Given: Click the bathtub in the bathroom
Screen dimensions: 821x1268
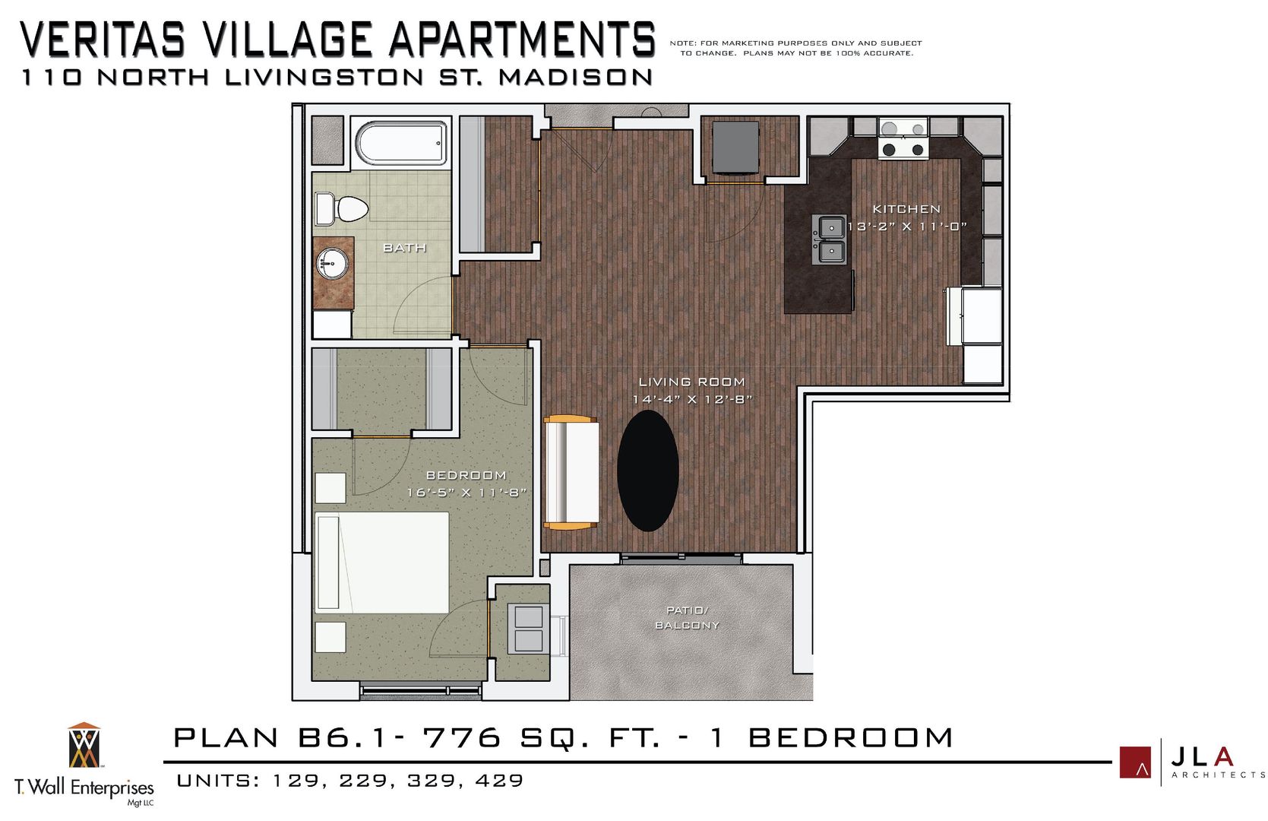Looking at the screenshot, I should [402, 143].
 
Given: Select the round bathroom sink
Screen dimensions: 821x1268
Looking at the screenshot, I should [333, 264].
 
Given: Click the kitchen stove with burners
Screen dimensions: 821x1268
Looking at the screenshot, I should [903, 140].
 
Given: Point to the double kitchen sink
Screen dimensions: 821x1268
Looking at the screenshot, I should [832, 239].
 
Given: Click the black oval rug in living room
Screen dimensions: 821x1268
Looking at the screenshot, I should [647, 471].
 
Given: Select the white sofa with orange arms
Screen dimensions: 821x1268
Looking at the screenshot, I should [571, 472].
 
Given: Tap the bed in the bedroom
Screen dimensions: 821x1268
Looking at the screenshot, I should [381, 562].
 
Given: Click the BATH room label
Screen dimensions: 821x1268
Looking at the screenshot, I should [404, 248].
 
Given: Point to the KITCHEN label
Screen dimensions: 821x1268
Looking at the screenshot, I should [906, 208].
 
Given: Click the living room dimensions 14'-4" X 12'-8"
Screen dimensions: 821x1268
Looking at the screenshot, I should [691, 399].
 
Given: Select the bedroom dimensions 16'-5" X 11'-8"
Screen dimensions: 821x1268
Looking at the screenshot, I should [466, 493].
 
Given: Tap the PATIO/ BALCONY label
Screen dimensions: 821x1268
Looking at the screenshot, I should [687, 617].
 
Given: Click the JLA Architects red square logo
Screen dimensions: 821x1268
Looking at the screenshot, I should [1135, 762].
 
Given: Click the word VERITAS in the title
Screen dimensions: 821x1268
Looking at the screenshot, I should [103, 40].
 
